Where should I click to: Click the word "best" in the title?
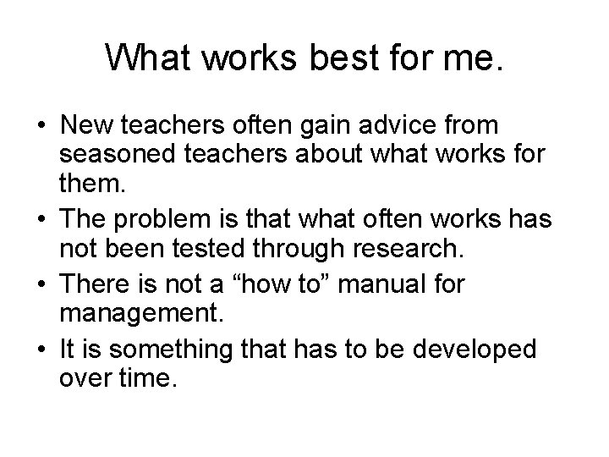tap(324, 58)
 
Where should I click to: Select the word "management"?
tap(140, 313)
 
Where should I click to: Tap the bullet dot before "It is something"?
tap(41, 350)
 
